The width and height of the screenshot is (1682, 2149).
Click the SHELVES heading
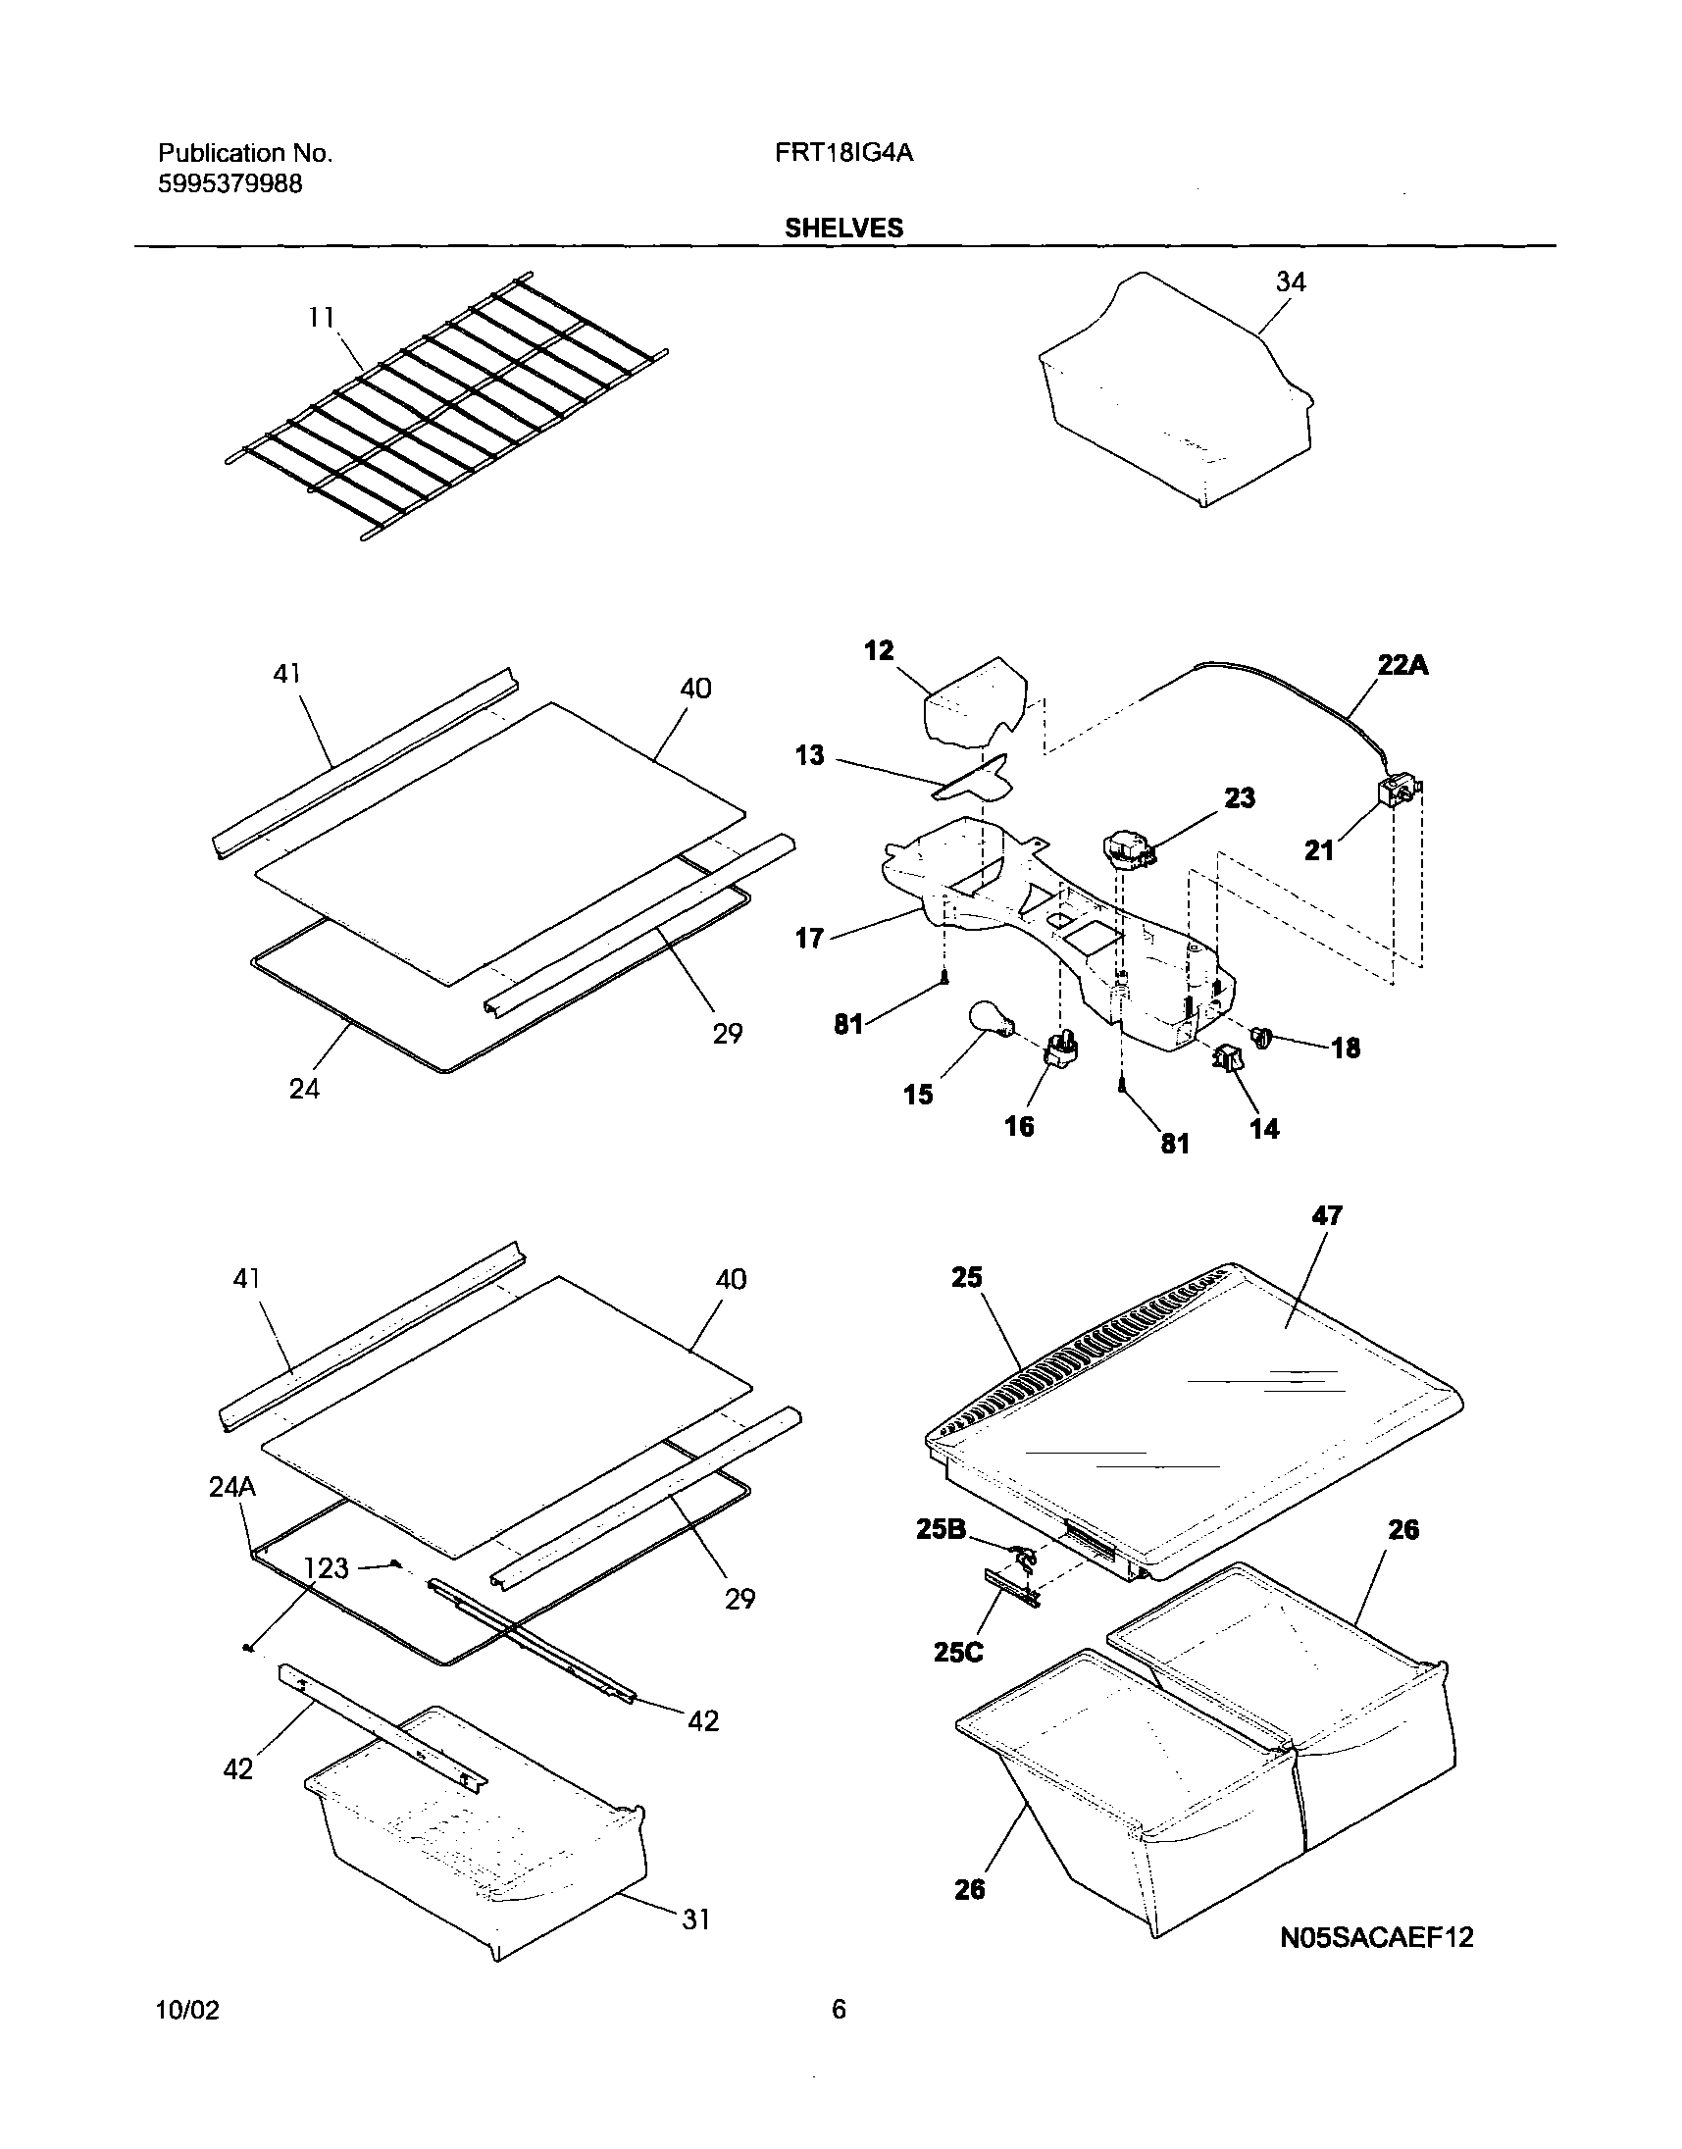click(843, 228)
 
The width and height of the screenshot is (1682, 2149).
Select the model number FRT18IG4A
click(844, 153)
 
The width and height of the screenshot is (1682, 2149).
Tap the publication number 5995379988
click(229, 183)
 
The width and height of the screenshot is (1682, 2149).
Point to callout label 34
click(1290, 281)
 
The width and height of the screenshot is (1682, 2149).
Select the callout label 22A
click(1402, 666)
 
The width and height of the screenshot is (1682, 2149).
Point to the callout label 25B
click(941, 1529)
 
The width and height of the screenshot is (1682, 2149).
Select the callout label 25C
click(958, 1652)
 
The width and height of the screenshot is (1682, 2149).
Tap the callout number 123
click(326, 1567)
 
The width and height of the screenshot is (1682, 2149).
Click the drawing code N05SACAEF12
click(1377, 1937)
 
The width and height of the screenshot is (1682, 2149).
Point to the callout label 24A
click(232, 1486)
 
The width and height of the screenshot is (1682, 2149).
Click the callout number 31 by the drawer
click(696, 1919)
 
